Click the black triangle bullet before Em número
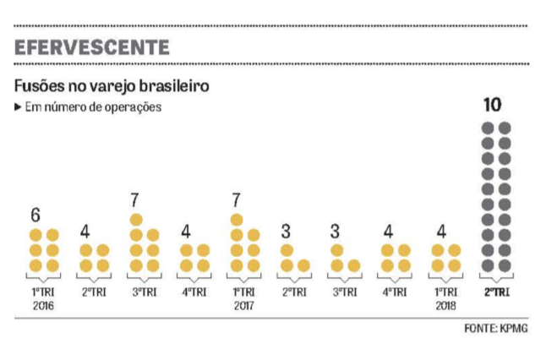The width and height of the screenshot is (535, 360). tap(18, 107)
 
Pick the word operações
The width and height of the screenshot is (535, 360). tap(132, 107)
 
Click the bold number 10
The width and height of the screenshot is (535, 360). tap(494, 106)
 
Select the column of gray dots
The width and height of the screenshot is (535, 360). tap(494, 196)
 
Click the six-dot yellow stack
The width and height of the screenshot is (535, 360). tap(44, 250)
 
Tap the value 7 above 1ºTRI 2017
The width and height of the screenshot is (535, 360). tap(236, 201)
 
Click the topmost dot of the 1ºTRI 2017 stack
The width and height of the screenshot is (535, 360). tap(237, 220)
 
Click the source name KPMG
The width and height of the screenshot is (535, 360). tap(512, 330)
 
